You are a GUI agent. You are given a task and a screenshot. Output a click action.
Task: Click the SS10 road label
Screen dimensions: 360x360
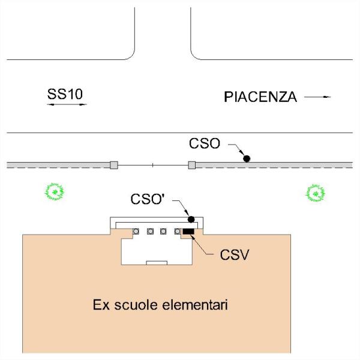coord(65,94)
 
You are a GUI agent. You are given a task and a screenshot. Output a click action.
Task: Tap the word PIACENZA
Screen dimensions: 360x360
coord(260,97)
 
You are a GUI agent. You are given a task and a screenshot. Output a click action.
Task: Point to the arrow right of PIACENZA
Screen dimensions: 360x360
coord(317,97)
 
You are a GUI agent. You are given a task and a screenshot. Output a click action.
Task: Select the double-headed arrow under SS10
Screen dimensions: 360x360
coord(67,104)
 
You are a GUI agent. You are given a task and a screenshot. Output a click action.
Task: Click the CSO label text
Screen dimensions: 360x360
coord(205,143)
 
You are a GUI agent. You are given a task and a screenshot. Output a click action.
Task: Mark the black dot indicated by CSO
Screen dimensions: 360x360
coord(247,158)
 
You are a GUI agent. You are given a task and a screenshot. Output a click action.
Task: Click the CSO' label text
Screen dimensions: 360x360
coord(148,199)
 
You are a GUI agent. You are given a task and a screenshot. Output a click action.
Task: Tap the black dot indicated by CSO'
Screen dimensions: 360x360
coord(191,220)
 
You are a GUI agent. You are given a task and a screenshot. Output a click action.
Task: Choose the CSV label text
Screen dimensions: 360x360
coord(235,254)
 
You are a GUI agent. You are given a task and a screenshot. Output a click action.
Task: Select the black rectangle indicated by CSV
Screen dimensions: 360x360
coord(188,232)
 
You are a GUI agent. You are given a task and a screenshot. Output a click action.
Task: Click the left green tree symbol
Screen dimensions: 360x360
coord(55,192)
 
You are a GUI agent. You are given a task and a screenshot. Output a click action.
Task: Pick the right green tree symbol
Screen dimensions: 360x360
coord(316,193)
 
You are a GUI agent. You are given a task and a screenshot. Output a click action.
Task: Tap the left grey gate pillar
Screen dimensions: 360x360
coord(114,165)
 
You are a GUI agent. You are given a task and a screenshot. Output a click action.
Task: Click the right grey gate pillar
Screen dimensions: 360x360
coord(192,165)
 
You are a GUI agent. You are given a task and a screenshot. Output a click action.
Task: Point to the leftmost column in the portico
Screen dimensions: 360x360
coord(136,231)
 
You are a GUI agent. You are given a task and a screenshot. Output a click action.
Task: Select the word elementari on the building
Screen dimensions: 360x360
coord(195,305)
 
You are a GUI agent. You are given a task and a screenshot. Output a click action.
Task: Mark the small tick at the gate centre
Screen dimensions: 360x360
coord(152,165)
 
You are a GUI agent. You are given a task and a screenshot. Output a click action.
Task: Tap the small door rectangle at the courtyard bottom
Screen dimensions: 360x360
coord(157,263)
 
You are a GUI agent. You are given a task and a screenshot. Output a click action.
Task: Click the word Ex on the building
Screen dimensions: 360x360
coord(101,305)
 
